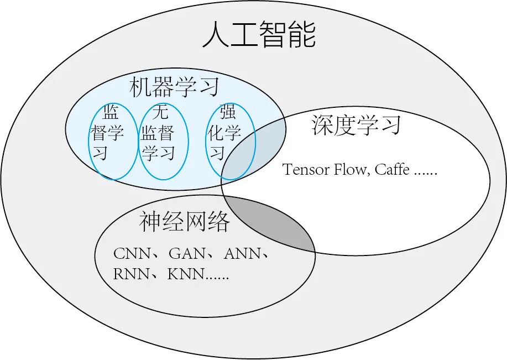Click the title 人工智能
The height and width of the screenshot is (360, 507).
259,34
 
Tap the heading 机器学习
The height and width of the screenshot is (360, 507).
175,87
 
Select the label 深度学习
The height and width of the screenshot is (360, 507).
356,126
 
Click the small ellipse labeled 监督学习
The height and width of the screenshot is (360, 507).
113,141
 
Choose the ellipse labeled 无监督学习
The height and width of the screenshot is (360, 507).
164,141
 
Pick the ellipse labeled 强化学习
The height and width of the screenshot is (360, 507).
231,141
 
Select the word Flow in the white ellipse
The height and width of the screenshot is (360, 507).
349,169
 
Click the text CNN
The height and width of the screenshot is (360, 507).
131,254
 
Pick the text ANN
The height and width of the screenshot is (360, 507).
242,254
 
